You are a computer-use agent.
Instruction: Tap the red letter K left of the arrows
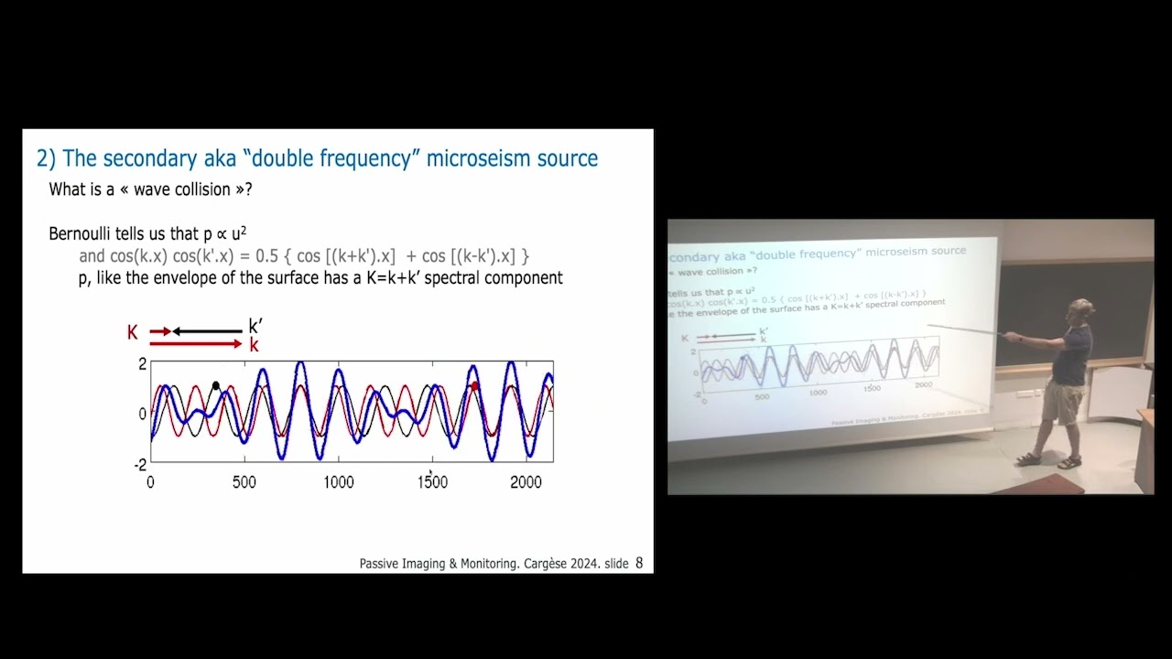click(x=133, y=332)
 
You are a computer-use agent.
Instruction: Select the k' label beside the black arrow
click(x=255, y=327)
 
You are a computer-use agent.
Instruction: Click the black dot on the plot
click(x=216, y=385)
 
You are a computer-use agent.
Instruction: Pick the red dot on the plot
click(x=474, y=386)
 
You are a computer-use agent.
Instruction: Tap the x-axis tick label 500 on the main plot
click(x=244, y=482)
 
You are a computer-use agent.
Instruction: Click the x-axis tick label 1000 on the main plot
click(x=338, y=482)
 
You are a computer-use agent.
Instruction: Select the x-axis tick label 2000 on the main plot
click(x=526, y=482)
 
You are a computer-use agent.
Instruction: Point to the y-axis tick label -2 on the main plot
click(x=140, y=465)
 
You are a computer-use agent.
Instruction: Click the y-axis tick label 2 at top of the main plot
click(x=142, y=364)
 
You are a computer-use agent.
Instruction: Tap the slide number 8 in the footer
click(x=639, y=563)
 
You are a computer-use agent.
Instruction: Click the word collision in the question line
click(x=204, y=189)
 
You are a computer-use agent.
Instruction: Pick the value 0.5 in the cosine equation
click(x=266, y=256)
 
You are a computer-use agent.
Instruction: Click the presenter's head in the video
click(x=1082, y=311)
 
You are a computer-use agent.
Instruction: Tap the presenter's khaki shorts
click(x=1063, y=403)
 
